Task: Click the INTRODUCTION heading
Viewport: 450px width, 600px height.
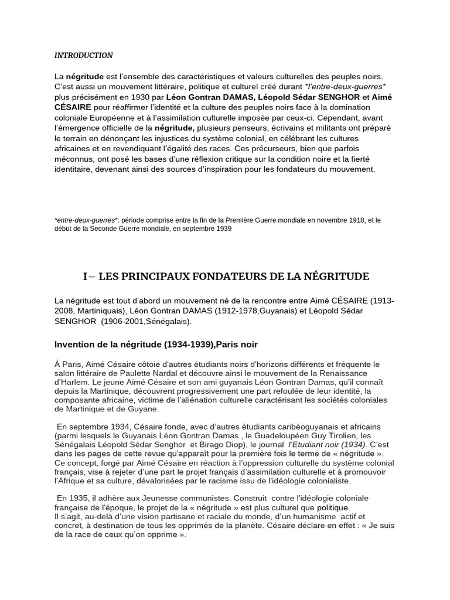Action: click(x=83, y=56)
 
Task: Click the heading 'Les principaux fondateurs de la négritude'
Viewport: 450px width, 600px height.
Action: click(x=226, y=276)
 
